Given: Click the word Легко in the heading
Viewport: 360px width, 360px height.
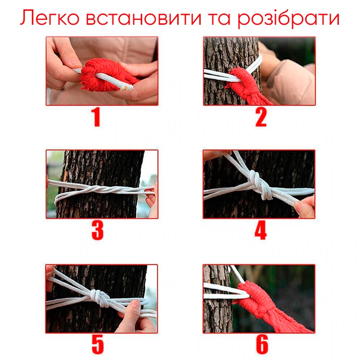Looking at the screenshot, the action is tap(50, 18).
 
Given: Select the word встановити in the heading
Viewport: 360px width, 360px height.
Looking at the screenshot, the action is tap(144, 18).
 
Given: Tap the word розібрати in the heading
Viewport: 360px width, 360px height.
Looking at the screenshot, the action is tap(288, 19).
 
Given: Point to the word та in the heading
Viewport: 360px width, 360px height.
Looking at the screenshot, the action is tap(220, 18).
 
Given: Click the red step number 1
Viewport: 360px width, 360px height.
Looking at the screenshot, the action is tap(96, 117).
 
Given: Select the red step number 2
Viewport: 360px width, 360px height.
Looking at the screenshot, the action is tap(261, 117).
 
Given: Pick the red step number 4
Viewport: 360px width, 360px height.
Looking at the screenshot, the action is tap(261, 230).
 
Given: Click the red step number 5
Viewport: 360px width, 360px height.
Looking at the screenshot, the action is tap(98, 344).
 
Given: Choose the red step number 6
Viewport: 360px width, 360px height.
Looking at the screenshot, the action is tap(262, 344).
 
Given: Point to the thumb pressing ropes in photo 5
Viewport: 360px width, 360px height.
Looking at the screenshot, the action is tap(134, 308).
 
